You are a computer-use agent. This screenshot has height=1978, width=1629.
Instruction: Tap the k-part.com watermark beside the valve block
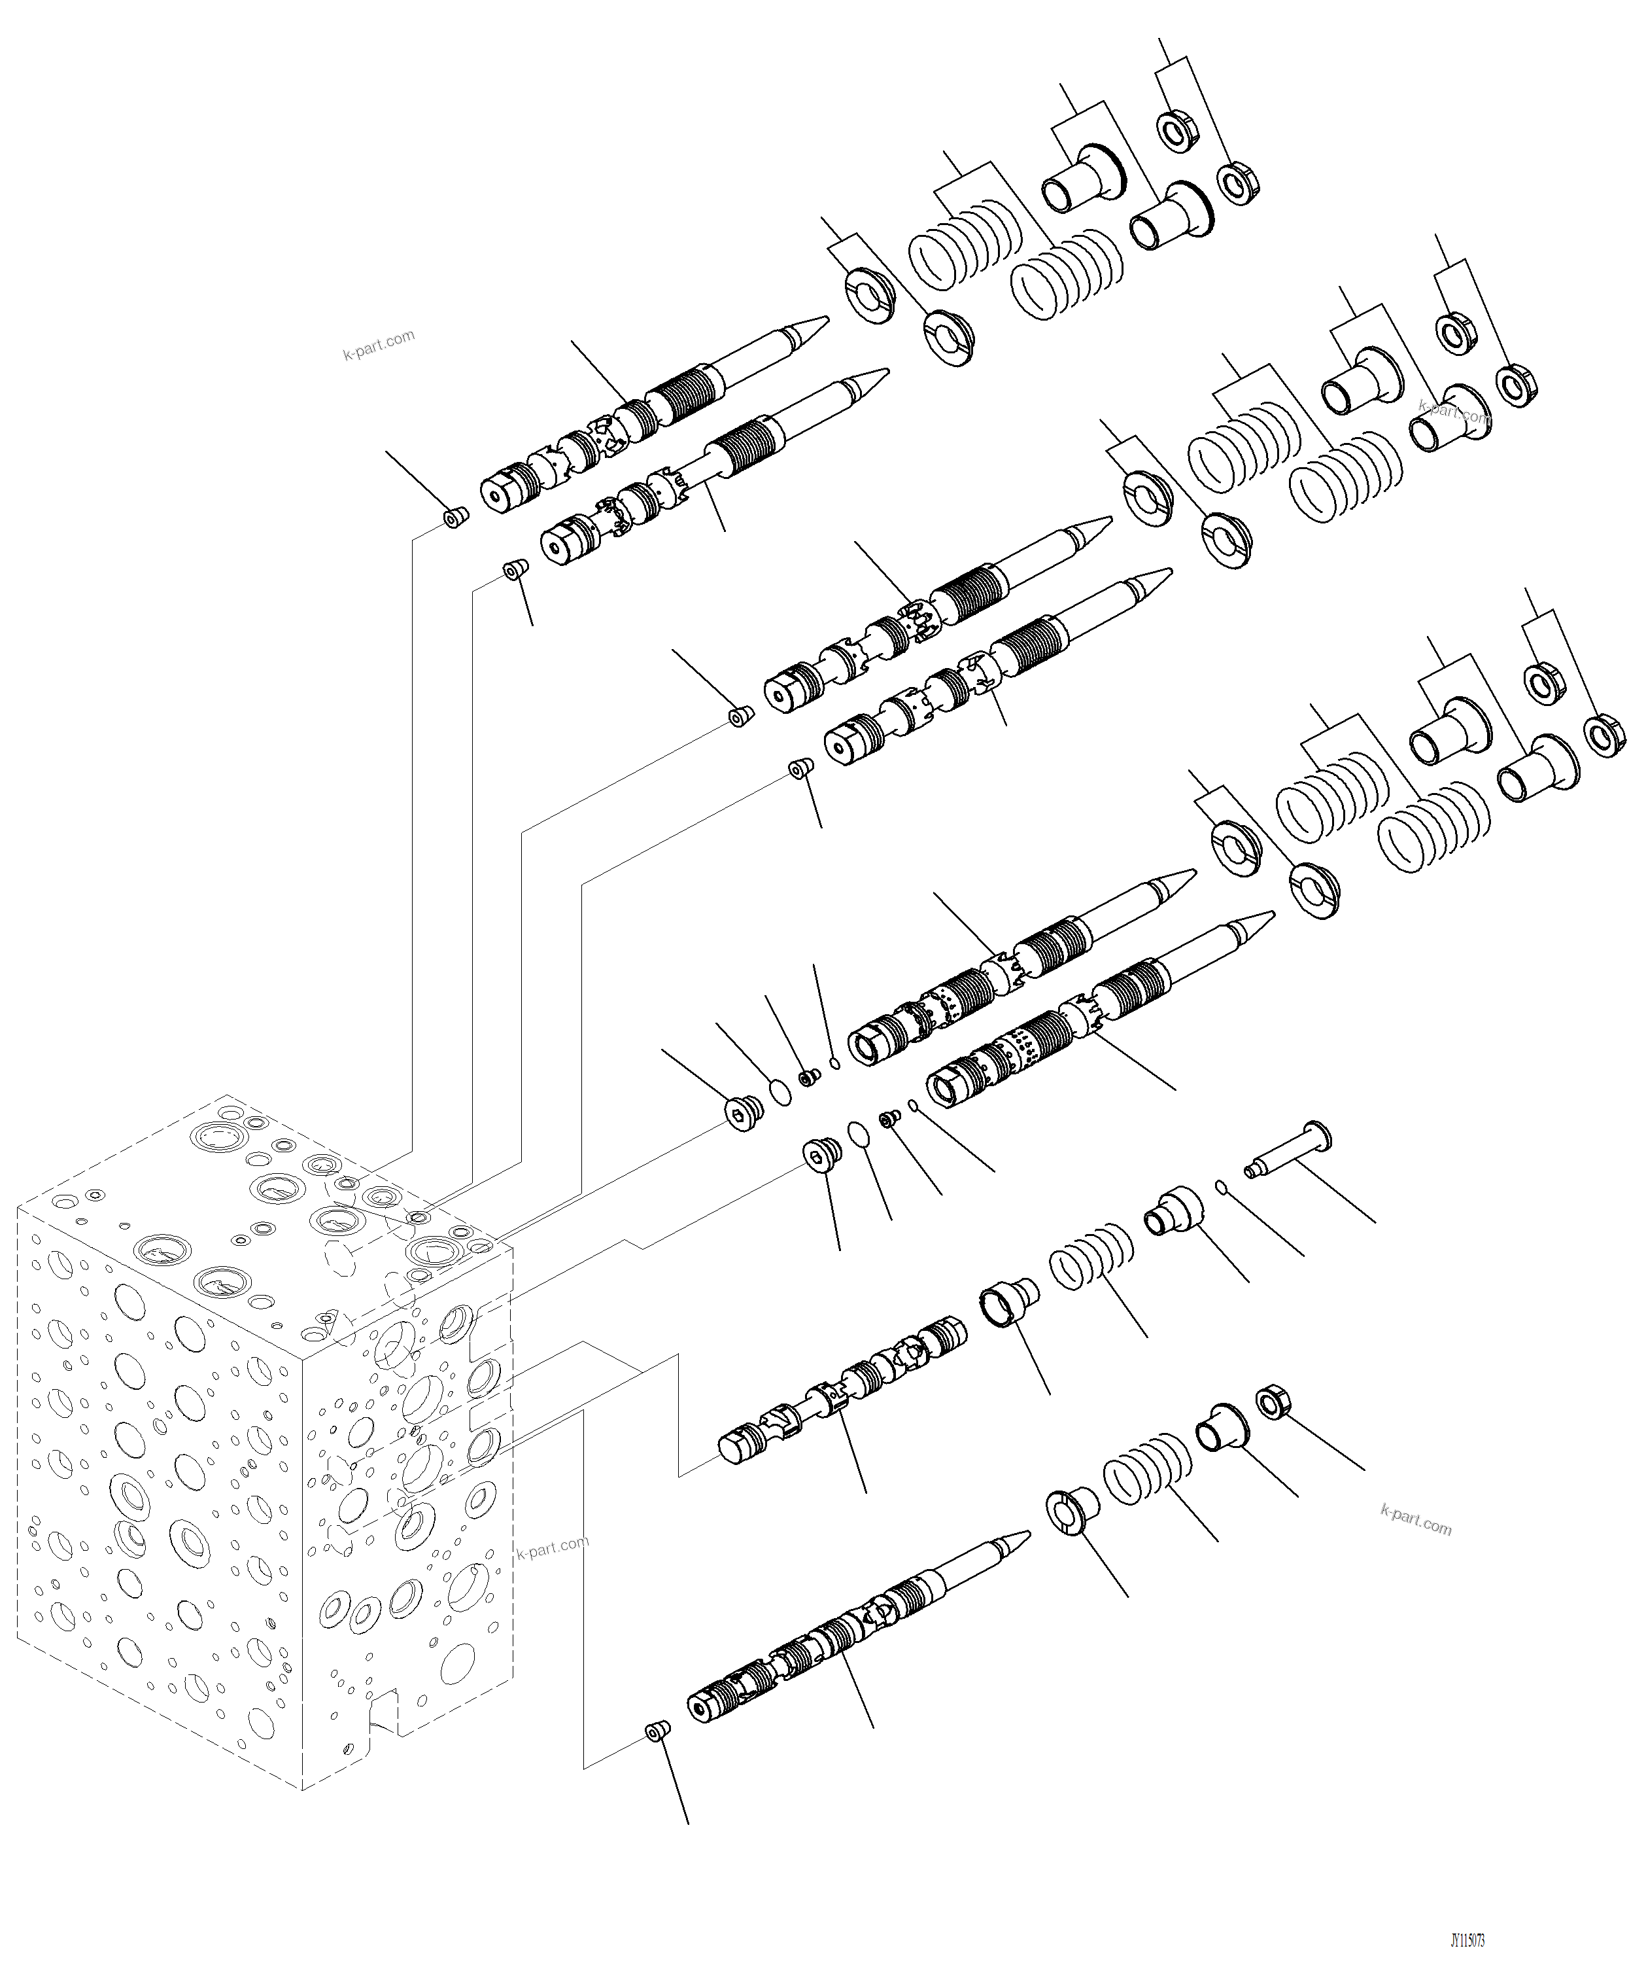[553, 1546]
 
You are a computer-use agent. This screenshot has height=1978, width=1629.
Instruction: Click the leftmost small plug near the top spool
[456, 518]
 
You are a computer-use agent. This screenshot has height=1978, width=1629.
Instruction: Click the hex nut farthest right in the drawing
[1603, 733]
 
